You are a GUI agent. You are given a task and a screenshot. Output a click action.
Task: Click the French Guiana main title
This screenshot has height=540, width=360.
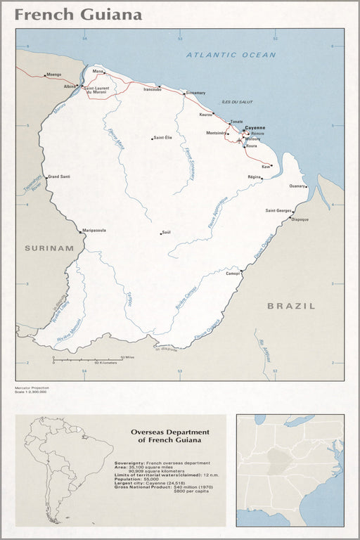tap(78, 14)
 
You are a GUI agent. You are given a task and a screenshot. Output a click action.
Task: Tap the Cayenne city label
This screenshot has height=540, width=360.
tap(255, 127)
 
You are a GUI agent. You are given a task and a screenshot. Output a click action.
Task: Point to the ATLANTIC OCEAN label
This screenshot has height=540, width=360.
tap(231, 54)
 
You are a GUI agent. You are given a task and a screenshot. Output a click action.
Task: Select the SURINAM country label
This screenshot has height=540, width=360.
tap(49, 248)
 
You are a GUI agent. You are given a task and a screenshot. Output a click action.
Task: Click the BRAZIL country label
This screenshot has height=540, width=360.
tap(291, 306)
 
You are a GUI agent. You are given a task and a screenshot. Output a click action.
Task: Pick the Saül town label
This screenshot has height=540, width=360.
tap(167, 233)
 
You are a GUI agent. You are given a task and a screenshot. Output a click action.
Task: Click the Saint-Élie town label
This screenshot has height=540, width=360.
tap(163, 138)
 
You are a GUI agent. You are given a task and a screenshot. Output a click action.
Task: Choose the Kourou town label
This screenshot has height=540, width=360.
tap(206, 113)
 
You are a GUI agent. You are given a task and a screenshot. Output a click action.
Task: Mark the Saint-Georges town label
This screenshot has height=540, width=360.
tap(278, 210)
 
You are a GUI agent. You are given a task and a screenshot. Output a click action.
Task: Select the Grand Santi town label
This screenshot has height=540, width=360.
tap(59, 176)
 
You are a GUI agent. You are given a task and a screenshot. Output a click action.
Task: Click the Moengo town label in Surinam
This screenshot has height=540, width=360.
tap(53, 74)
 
